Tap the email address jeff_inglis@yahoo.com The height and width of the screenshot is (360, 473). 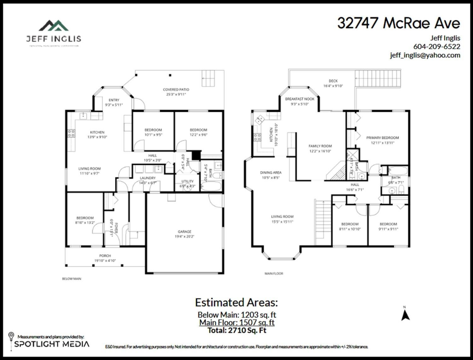[x=425, y=55]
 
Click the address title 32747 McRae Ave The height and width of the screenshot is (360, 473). [x=399, y=23]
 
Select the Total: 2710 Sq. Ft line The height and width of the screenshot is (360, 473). [x=236, y=330]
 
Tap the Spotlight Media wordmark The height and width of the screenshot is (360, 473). [x=52, y=344]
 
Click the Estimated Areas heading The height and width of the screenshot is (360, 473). [x=236, y=302]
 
